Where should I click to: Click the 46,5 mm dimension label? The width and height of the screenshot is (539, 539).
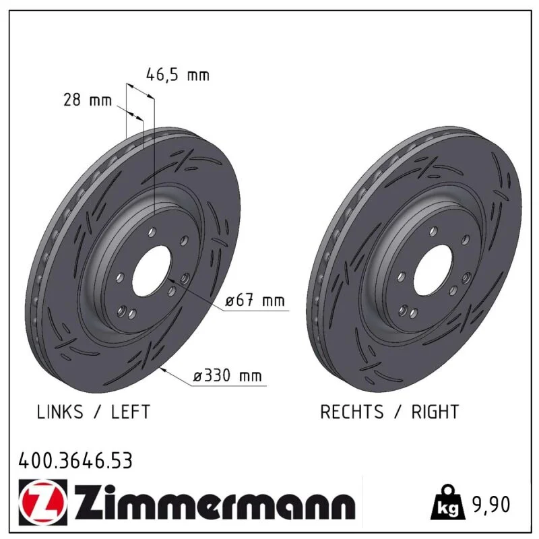pos(177,75)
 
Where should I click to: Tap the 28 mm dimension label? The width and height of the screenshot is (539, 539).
pos(88,100)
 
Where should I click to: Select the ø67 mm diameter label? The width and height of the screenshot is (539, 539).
pos(255,300)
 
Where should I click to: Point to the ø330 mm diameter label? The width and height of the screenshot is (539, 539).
pos(227,376)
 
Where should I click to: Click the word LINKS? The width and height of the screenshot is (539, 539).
pos(60,412)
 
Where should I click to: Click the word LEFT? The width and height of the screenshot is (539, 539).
pos(131,412)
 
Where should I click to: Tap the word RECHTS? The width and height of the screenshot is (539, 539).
pos(352,412)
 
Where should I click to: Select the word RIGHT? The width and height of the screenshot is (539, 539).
pos(435,412)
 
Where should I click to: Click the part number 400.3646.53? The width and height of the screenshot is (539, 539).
pos(75,461)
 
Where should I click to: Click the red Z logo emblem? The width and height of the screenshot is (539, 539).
pos(43,503)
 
